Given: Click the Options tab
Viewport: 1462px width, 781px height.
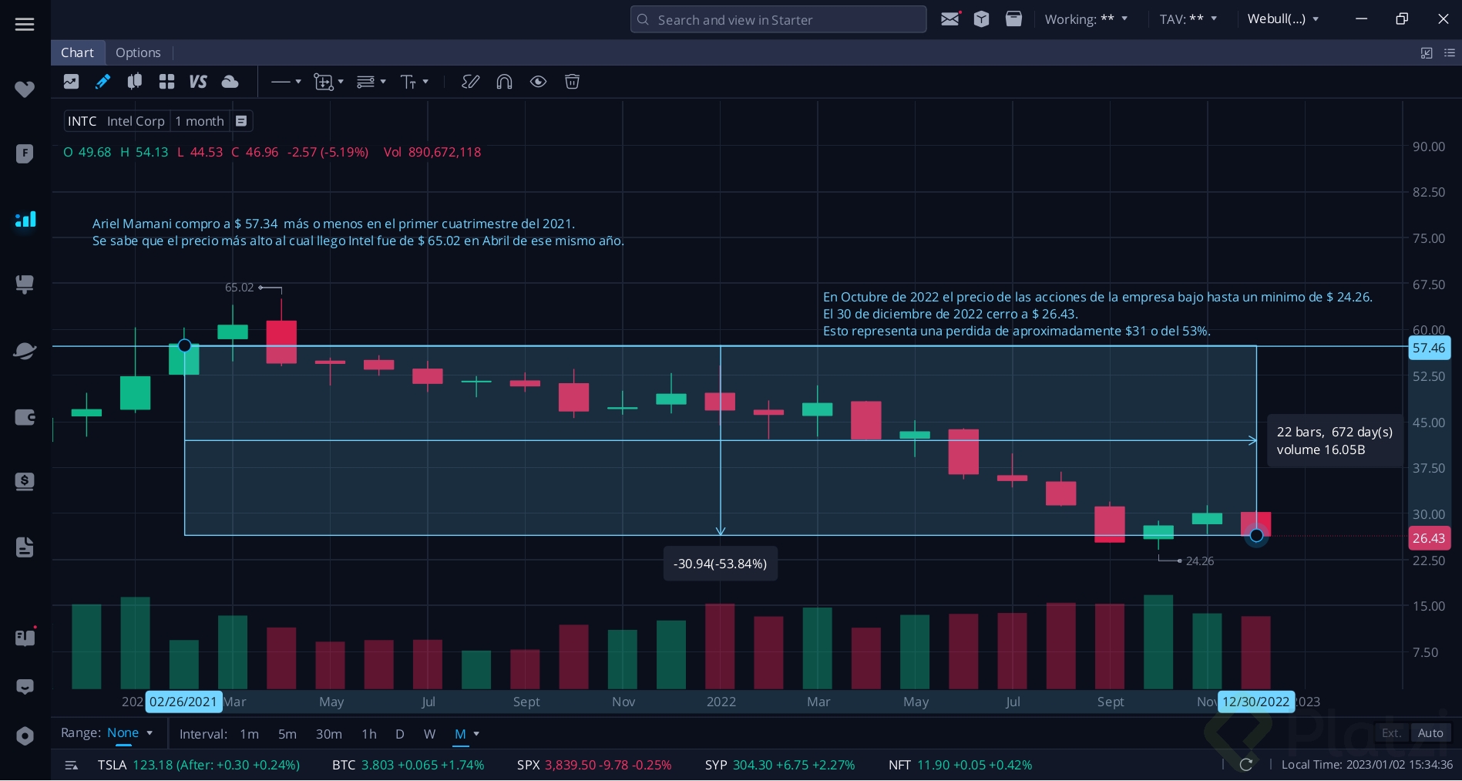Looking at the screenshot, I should pos(138,52).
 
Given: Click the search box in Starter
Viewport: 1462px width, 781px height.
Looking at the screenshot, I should pos(778,19).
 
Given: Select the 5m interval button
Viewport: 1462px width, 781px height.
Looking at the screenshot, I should pos(287,734).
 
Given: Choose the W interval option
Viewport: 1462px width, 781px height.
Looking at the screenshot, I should pos(429,734).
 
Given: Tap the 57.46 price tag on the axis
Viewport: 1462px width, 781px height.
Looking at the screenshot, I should pos(1428,348).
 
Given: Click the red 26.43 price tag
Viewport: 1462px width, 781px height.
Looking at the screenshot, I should pos(1428,538).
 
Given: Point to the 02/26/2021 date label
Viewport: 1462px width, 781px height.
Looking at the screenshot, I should pos(183,702).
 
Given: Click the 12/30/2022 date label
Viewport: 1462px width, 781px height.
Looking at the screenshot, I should pos(1255,702).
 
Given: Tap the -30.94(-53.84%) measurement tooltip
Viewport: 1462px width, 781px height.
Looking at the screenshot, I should pos(720,564).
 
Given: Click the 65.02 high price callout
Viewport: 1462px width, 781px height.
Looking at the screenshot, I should pos(239,288).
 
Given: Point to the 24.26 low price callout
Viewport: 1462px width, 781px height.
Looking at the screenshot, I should pos(1199,561).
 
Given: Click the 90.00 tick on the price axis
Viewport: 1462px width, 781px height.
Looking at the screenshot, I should pos(1428,146).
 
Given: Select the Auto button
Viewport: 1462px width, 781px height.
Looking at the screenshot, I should pos(1430,733).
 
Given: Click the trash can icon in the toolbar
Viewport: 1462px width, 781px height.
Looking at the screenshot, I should pos(572,82).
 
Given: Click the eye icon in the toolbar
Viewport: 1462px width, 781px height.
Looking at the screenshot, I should pos(538,82).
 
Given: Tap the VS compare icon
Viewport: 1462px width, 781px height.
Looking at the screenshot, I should pos(198,82).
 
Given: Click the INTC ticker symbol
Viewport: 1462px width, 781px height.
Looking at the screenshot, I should pos(82,121).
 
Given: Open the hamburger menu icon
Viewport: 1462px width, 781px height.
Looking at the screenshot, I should pos(25,25).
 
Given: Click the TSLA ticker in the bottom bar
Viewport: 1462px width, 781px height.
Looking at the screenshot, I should pos(112,765).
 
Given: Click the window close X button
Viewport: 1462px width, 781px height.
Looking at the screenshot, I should pos(1443,19).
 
